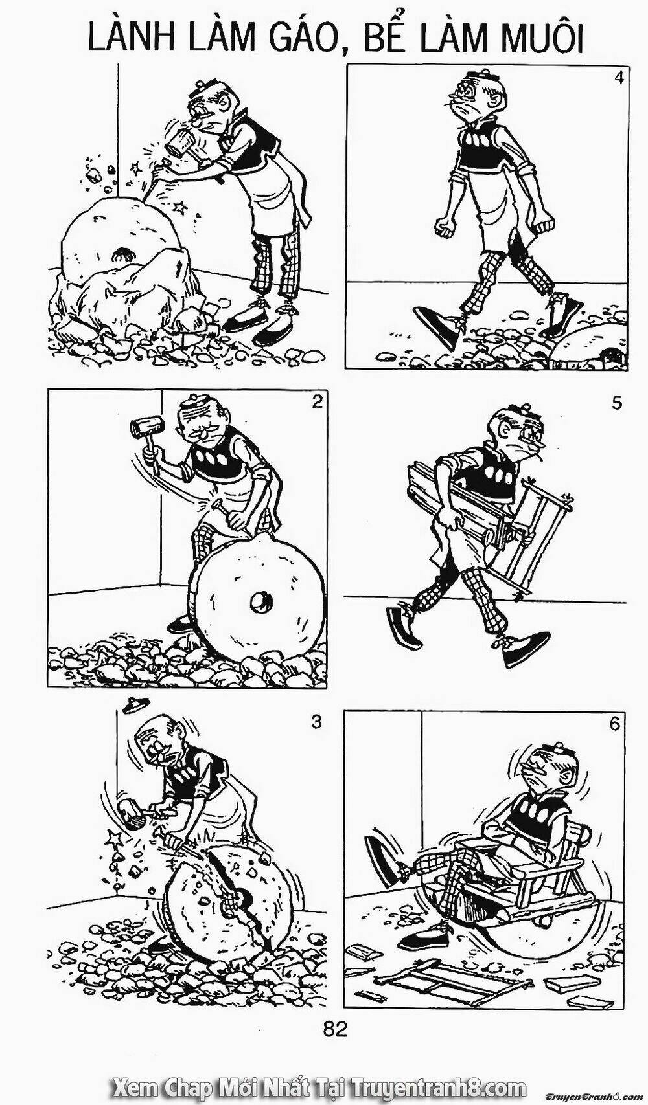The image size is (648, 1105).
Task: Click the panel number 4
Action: (618, 79)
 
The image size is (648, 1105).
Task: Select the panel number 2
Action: (317, 403)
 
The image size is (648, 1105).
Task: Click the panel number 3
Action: (317, 722)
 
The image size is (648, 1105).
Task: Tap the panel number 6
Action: (614, 724)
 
